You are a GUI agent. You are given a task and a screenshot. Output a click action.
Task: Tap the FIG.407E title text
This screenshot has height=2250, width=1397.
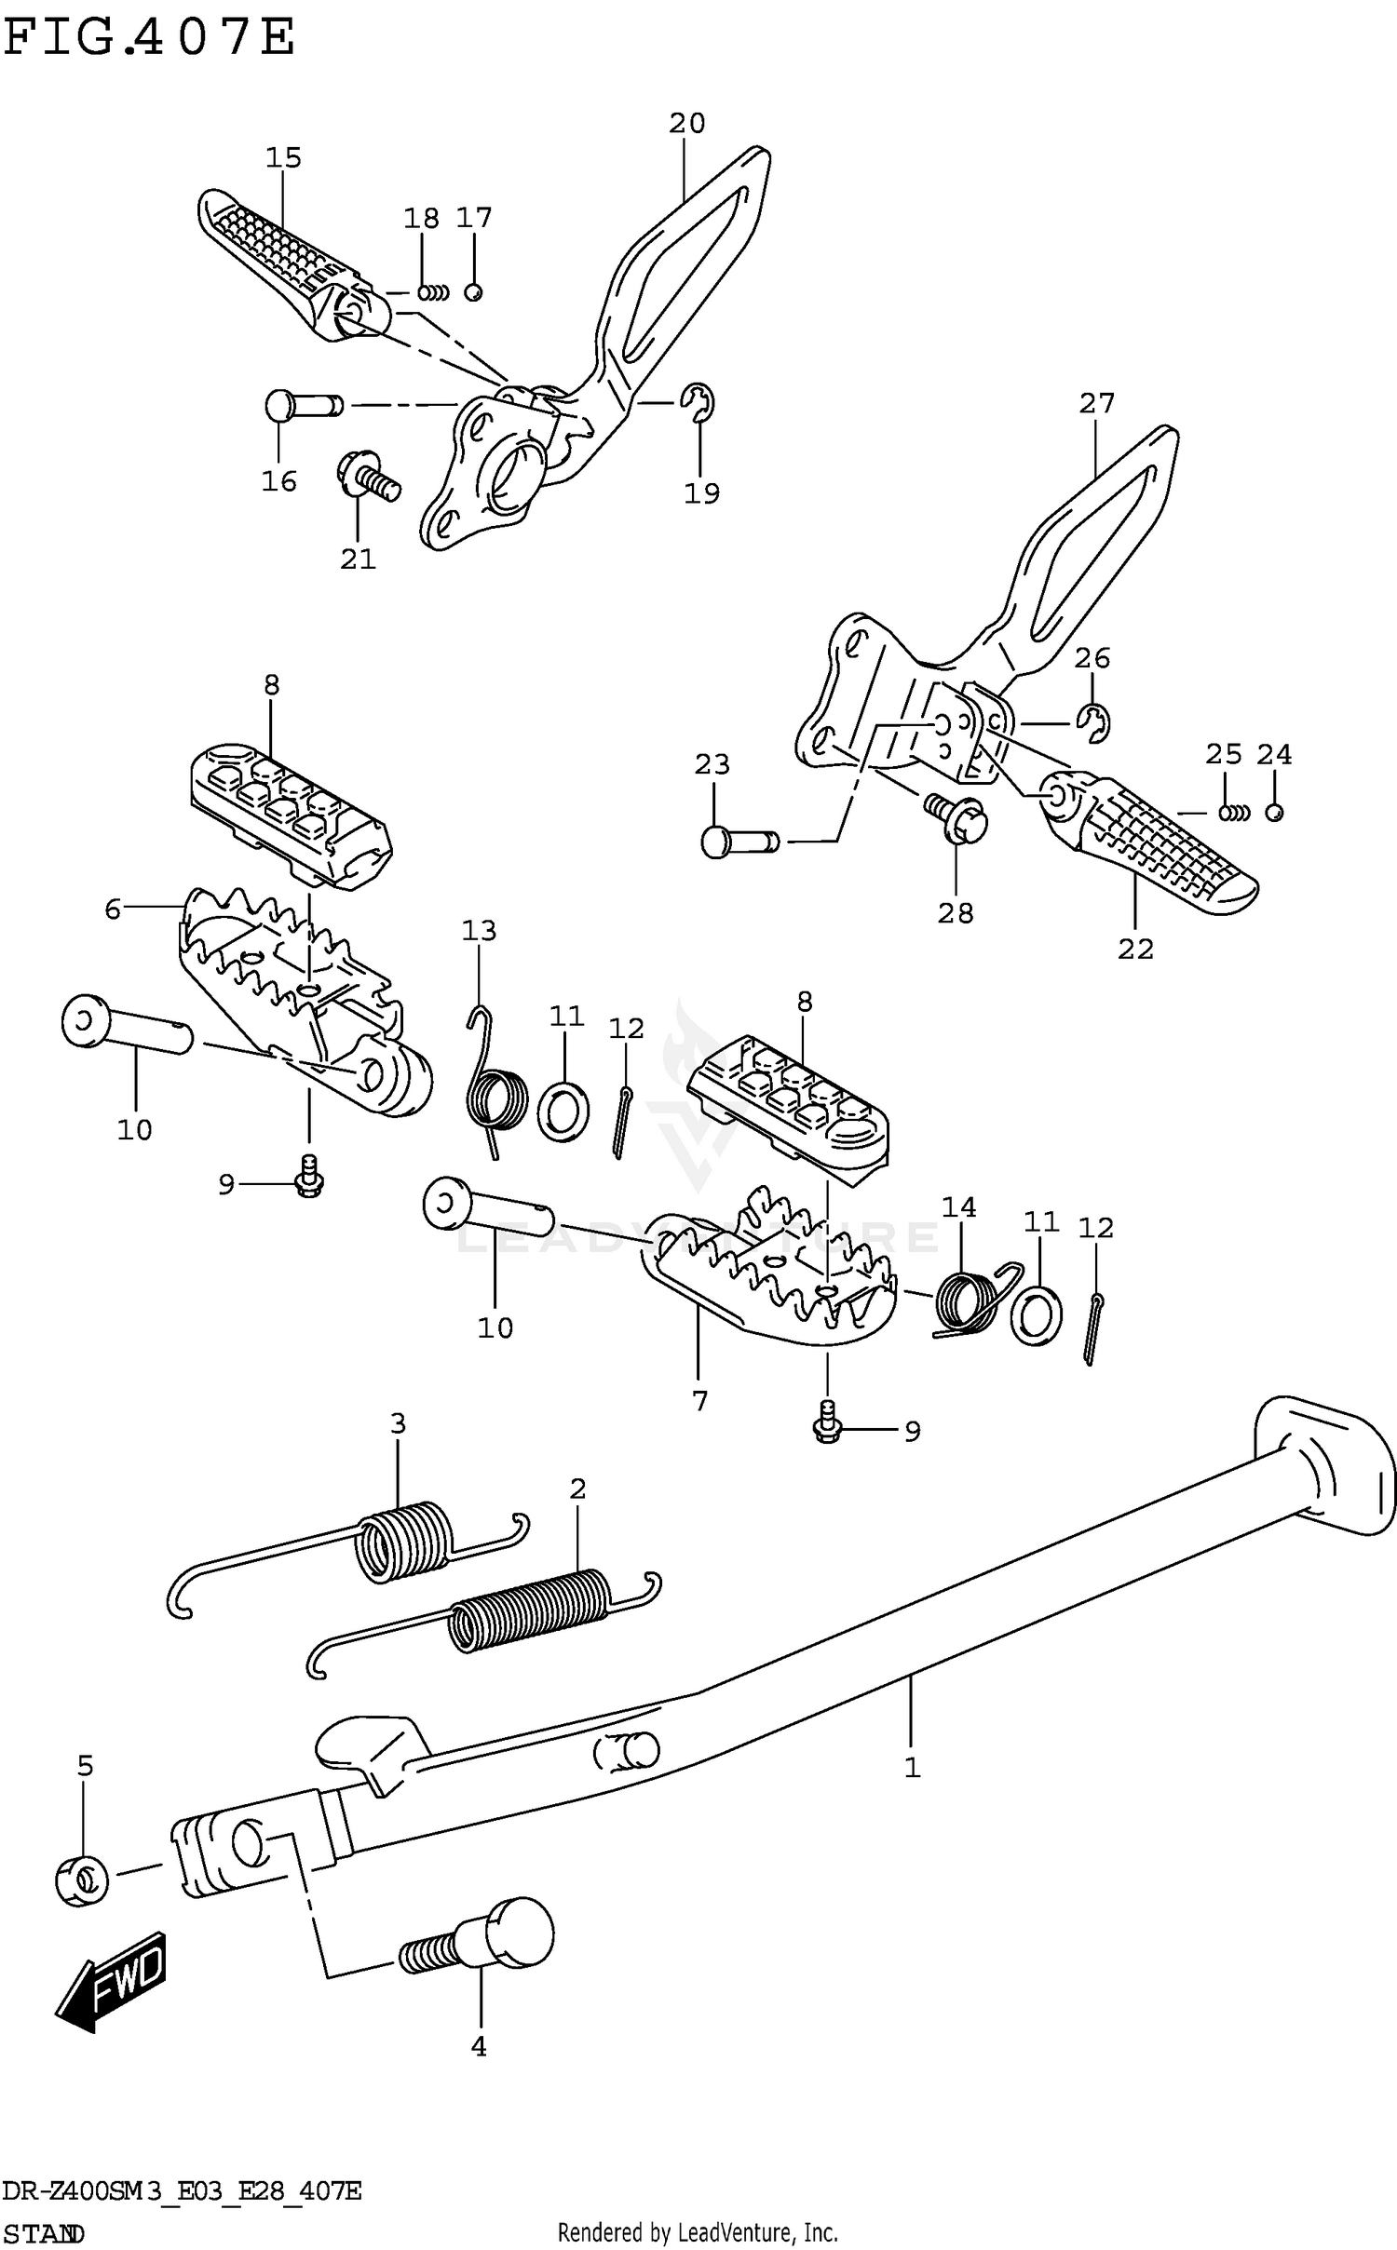(x=149, y=39)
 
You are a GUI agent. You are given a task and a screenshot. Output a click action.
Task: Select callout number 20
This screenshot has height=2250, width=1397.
(x=686, y=123)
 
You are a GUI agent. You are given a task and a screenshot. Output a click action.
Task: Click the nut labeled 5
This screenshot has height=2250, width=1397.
(x=82, y=1880)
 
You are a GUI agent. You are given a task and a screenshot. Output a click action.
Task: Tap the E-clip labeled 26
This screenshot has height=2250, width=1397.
(x=1095, y=723)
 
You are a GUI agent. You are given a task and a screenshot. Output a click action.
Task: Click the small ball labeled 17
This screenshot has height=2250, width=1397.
(x=473, y=292)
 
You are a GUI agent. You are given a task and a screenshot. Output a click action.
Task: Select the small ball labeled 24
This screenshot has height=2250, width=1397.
(x=1274, y=812)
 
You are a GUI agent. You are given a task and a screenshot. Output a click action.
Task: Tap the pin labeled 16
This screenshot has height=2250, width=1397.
(x=301, y=406)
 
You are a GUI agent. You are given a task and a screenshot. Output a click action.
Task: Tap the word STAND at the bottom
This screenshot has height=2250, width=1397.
(x=44, y=2233)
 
